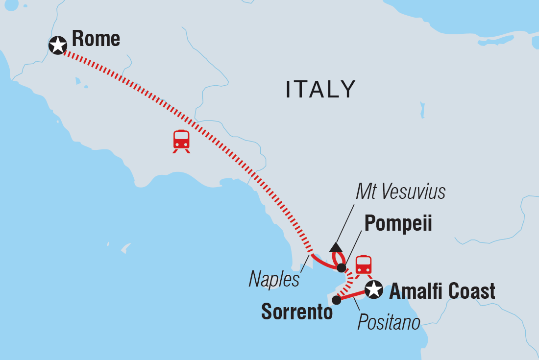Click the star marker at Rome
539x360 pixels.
click(58, 46)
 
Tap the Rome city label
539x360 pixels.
click(96, 39)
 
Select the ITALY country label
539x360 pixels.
click(320, 90)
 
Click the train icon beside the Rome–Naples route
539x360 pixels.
click(181, 140)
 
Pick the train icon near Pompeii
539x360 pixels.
click(364, 265)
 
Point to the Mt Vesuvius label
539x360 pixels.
click(400, 192)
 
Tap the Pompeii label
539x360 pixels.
click(398, 224)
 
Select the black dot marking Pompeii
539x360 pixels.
click(342, 268)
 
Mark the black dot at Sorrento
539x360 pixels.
click(336, 300)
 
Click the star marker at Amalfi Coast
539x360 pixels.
click(374, 289)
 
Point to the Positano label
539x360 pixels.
click(389, 322)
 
